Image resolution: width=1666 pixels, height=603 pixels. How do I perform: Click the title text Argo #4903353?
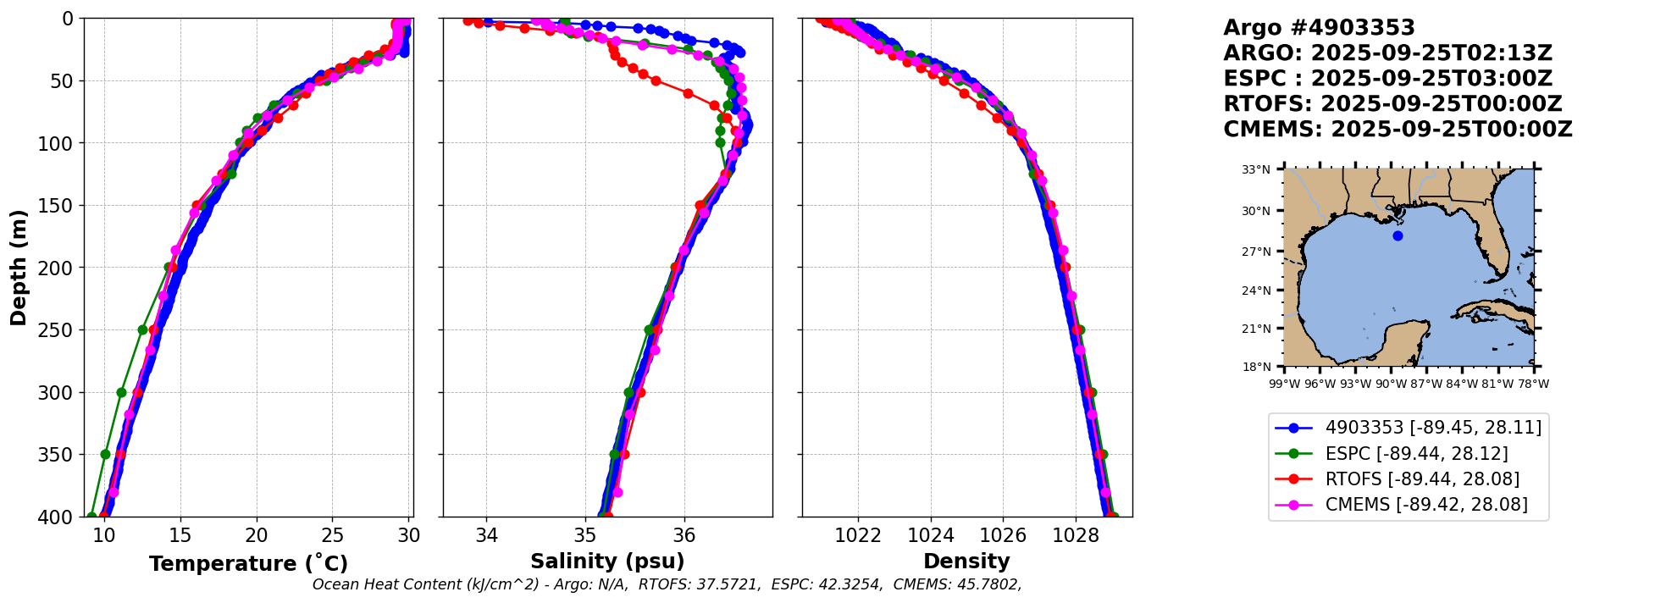click(1319, 28)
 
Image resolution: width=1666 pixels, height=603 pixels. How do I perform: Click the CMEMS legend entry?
click(1426, 505)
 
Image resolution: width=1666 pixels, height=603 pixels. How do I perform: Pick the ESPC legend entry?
click(1416, 454)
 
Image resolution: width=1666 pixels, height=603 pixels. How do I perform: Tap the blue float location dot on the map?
click(1398, 235)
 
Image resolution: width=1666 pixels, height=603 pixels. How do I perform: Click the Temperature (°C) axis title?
click(248, 563)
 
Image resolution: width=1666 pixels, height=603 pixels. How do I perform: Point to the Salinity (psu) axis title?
click(607, 562)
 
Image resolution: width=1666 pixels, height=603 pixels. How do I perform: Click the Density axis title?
click(966, 562)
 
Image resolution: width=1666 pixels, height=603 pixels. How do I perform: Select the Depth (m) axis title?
click(19, 268)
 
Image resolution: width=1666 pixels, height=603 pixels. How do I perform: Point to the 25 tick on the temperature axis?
click(333, 535)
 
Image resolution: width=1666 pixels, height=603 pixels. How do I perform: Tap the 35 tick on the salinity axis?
click(585, 535)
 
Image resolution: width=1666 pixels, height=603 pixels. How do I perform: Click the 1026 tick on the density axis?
click(1003, 535)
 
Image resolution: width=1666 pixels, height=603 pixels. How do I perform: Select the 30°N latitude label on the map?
click(1256, 211)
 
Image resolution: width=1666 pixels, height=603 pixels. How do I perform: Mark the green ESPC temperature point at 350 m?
click(106, 454)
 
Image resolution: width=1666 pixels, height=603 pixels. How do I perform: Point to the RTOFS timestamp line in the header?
click(1392, 104)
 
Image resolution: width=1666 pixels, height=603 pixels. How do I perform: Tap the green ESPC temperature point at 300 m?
click(121, 392)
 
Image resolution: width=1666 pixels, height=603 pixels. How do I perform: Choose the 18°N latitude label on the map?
click(1256, 367)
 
